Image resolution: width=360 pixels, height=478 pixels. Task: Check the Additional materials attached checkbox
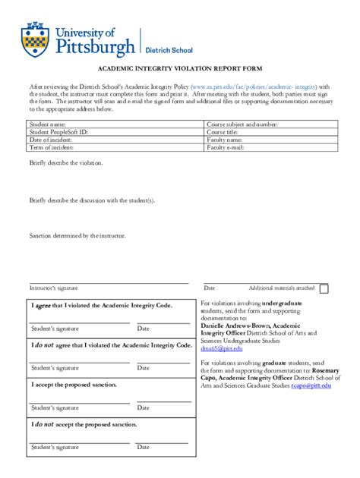point(324,288)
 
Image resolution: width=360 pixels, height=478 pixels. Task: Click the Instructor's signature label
point(54,288)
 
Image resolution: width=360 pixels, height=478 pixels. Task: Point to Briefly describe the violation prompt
point(66,163)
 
